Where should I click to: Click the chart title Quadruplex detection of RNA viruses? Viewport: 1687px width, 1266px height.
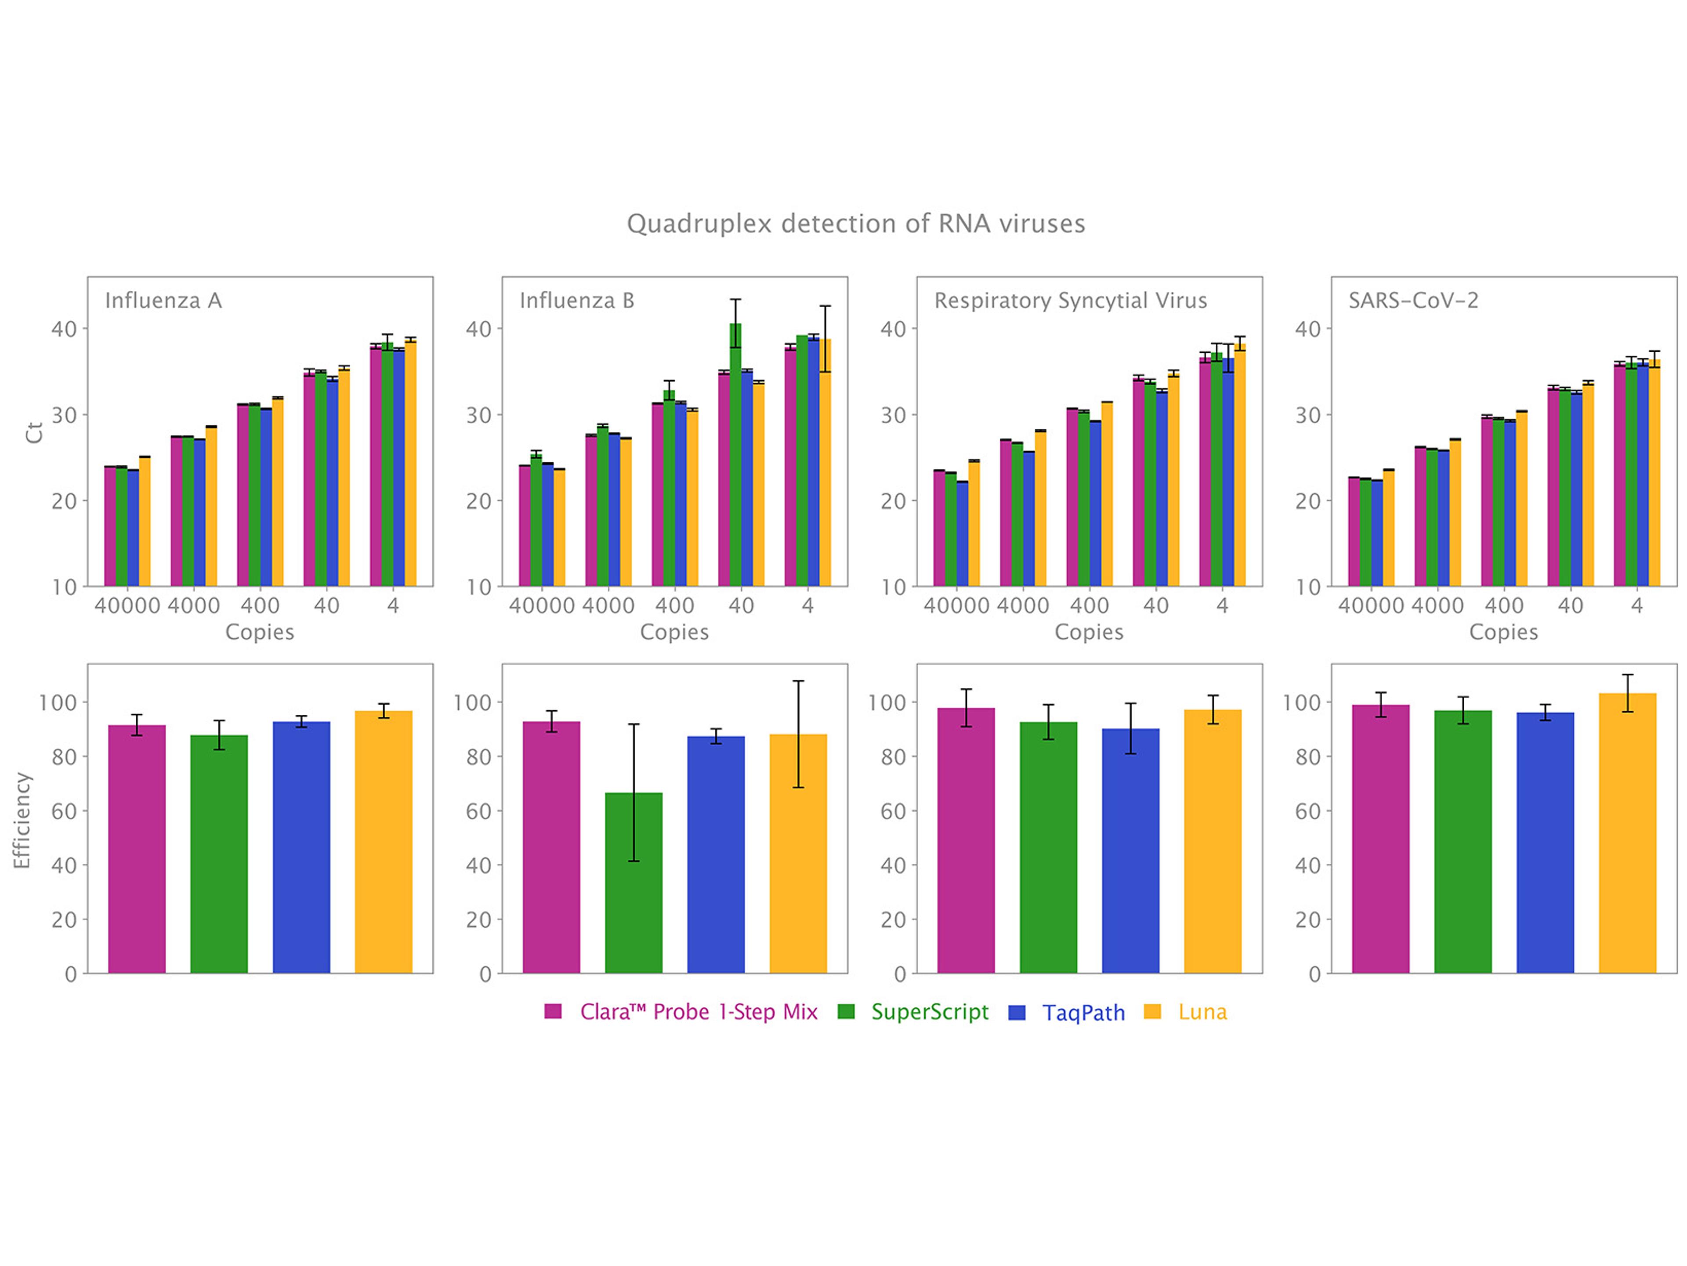(x=856, y=224)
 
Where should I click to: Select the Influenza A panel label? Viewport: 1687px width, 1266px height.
(x=163, y=300)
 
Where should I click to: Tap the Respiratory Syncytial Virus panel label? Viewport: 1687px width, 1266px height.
(x=1070, y=300)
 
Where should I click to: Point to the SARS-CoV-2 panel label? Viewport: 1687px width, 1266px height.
(x=1413, y=300)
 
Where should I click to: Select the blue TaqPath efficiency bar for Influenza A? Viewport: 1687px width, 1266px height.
(x=301, y=846)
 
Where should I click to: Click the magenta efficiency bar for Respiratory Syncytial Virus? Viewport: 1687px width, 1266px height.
(x=966, y=839)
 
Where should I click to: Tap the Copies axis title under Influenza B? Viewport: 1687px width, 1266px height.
(x=674, y=632)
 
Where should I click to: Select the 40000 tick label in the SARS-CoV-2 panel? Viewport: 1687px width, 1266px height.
(x=1371, y=605)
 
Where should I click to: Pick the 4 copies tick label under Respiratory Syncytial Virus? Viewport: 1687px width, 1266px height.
(x=1222, y=605)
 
